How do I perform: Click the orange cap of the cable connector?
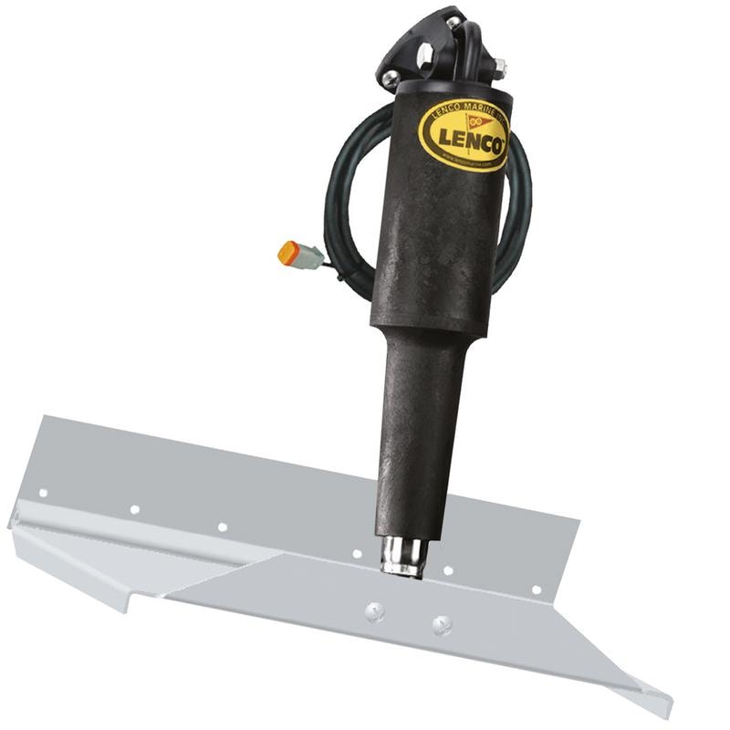tap(287, 253)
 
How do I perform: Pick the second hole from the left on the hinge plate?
tap(134, 509)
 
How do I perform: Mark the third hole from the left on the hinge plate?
tap(222, 527)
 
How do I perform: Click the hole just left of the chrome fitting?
tap(358, 553)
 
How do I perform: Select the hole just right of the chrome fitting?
tap(447, 571)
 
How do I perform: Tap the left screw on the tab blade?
tap(372, 610)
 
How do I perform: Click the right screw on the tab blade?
tap(442, 625)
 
